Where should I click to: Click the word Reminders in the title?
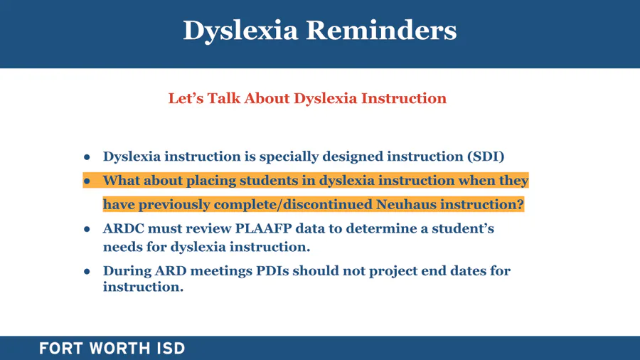(381, 30)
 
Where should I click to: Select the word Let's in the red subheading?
(186, 98)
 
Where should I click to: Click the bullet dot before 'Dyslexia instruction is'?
(87, 157)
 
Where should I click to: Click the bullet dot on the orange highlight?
(87, 181)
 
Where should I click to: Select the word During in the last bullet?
(127, 271)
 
